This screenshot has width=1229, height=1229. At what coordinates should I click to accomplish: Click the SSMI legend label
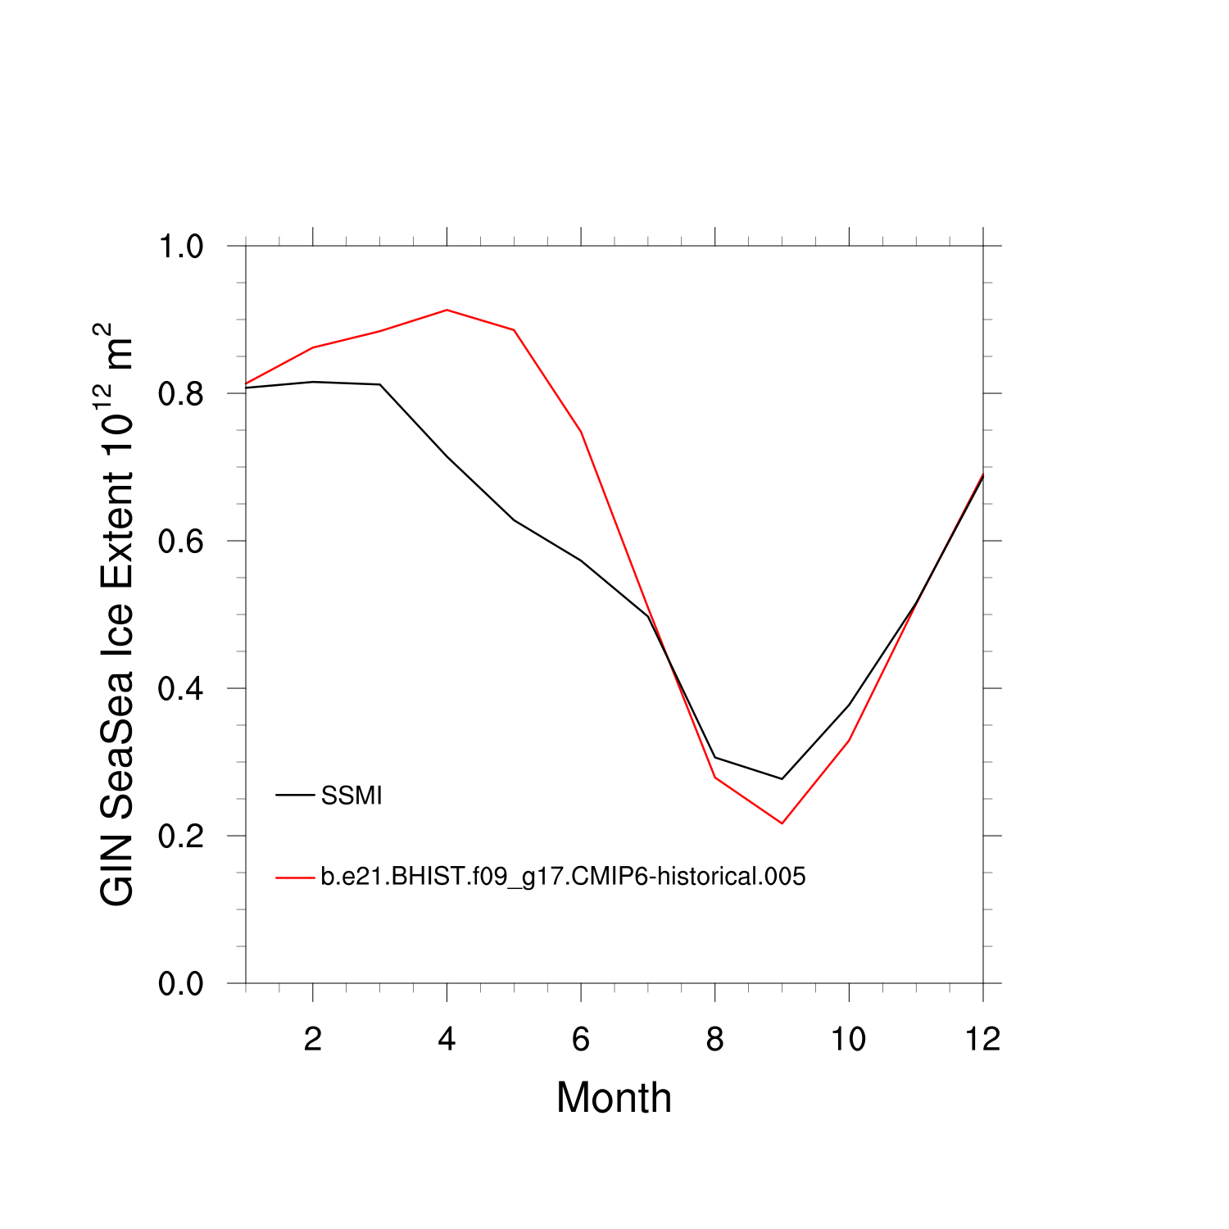coord(351,796)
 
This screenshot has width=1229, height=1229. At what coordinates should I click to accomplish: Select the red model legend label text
coord(563,877)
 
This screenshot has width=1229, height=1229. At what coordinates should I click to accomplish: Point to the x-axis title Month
coord(614,1098)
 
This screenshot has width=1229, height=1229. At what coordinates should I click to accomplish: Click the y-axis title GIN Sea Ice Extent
coord(116,614)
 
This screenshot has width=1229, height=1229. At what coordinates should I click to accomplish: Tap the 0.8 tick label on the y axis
coord(180,394)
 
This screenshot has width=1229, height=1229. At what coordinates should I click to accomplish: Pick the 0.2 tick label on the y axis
coord(180,837)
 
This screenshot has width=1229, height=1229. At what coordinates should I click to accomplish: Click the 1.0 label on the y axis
coord(180,247)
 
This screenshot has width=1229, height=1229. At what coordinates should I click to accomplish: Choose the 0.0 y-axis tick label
coord(180,984)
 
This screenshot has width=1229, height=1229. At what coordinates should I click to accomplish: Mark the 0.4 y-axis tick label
coord(180,689)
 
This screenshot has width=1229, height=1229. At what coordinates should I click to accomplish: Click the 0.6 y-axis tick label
coord(180,542)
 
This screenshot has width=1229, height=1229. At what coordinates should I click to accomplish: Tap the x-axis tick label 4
coord(447,1040)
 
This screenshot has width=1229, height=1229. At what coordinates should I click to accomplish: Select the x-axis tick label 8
coord(715,1040)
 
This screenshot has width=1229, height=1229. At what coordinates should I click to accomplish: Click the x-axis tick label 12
coord(982,1040)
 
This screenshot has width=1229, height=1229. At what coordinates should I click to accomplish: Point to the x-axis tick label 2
coord(312,1040)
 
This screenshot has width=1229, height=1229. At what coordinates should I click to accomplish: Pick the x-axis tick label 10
coord(849,1040)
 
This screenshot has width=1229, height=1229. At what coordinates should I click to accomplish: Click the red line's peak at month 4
coord(447,310)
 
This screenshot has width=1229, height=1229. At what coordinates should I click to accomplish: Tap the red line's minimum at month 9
coord(782,823)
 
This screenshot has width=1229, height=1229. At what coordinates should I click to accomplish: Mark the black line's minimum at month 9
coord(782,778)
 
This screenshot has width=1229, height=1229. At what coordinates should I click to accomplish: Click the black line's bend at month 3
coord(380,384)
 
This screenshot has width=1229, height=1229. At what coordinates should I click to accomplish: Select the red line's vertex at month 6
coord(581,432)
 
